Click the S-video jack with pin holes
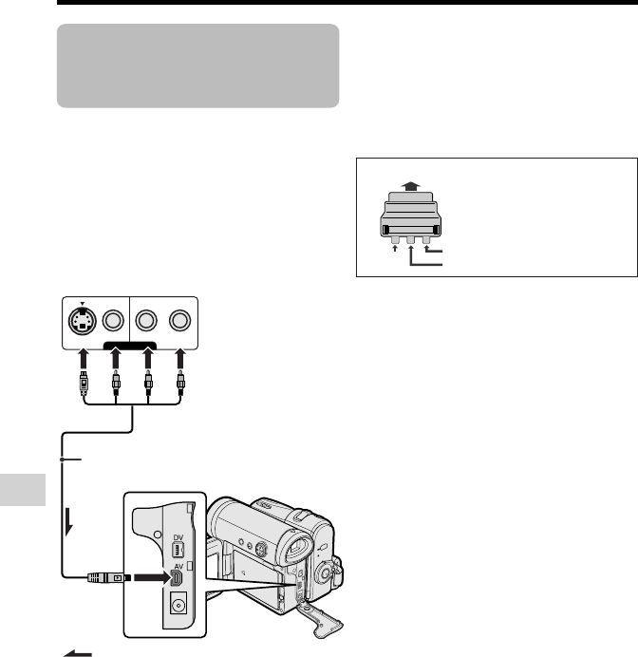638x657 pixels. click(x=83, y=321)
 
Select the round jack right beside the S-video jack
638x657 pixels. click(x=113, y=321)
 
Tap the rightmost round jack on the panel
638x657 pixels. click(x=179, y=321)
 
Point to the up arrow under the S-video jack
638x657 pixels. click(x=84, y=359)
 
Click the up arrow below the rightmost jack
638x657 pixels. click(x=180, y=359)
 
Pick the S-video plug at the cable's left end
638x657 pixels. click(x=84, y=383)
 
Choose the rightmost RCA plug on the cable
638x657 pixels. click(x=180, y=383)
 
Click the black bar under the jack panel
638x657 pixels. click(x=130, y=346)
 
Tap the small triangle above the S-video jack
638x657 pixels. click(x=83, y=304)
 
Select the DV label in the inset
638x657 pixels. click(x=178, y=537)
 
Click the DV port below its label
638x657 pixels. click(x=178, y=550)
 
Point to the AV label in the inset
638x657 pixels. click(x=178, y=567)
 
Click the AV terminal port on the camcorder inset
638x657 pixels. click(x=177, y=578)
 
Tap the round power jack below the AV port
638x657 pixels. click(x=178, y=605)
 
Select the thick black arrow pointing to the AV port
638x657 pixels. click(x=151, y=578)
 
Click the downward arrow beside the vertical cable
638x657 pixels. click(x=69, y=522)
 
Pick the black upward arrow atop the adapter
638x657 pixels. click(x=410, y=186)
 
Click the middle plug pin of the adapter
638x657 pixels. click(x=410, y=239)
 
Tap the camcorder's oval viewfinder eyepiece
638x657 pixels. click(x=299, y=547)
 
